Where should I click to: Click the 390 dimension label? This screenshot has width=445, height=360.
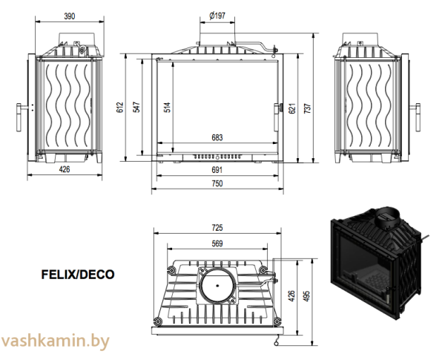click(x=70, y=16)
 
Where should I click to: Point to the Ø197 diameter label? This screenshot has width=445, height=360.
click(x=217, y=16)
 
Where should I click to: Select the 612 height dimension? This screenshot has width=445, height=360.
click(x=120, y=107)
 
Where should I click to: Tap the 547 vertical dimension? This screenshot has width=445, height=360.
click(x=136, y=107)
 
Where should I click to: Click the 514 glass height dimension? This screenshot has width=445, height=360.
click(x=168, y=107)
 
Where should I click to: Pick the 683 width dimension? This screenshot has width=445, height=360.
click(x=217, y=138)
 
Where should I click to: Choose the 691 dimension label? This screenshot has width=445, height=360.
click(x=217, y=170)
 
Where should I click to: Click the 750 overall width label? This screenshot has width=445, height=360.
click(x=217, y=183)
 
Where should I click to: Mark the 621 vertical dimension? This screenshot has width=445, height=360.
click(x=292, y=108)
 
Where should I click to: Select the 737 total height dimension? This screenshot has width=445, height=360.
click(x=308, y=108)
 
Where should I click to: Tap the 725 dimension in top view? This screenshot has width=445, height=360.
click(x=217, y=228)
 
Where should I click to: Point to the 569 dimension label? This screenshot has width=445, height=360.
click(x=217, y=243)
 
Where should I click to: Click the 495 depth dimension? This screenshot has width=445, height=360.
click(x=306, y=295)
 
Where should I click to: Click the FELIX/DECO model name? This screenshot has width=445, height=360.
click(x=78, y=275)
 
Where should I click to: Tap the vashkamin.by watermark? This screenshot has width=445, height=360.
click(x=55, y=341)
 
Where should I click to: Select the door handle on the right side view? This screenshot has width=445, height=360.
click(x=417, y=117)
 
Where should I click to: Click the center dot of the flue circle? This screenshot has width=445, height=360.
click(x=217, y=286)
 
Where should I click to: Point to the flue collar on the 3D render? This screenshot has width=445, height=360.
click(x=388, y=217)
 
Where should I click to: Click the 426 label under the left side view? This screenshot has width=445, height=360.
click(x=65, y=169)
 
